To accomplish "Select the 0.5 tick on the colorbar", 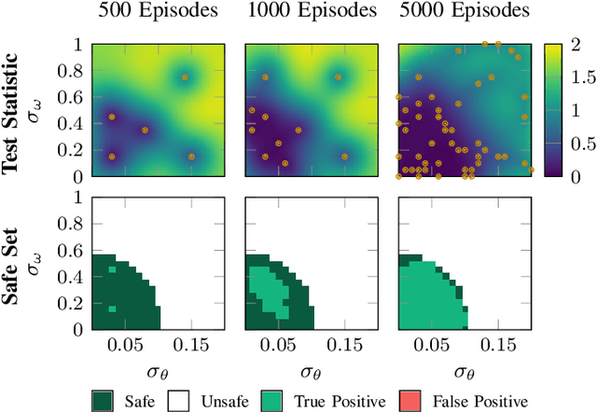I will coord(575,143).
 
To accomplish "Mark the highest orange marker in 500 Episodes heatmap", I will coord(185,77).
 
